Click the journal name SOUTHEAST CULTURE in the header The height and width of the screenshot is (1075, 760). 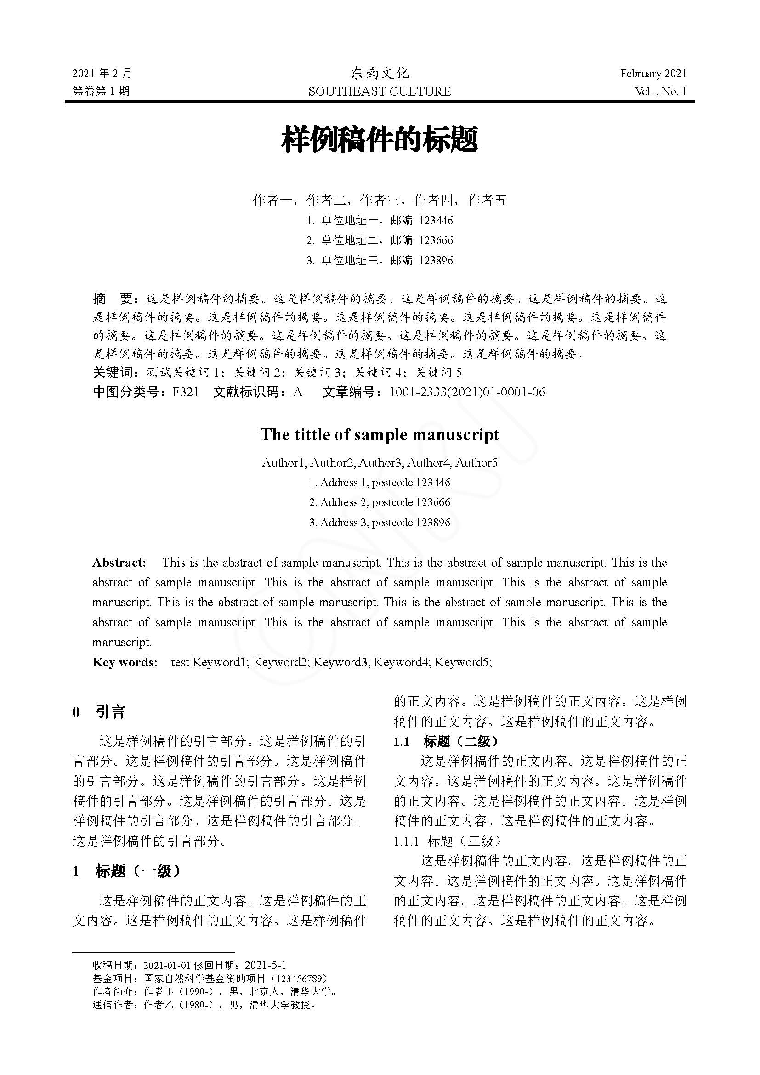coord(380,91)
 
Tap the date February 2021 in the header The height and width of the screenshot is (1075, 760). coord(653,74)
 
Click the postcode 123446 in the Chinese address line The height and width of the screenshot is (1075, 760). coord(436,221)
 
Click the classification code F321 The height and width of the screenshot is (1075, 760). coord(185,392)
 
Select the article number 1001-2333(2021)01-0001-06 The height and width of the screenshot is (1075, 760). coord(467,392)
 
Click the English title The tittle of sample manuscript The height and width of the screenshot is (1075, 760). coord(380,434)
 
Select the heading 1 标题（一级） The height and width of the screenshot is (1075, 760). coord(126,871)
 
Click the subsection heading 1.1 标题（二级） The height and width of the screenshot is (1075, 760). coord(447,742)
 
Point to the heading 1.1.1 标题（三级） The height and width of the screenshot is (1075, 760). coord(448,842)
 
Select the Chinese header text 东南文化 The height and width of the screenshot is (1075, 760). coord(380,74)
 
